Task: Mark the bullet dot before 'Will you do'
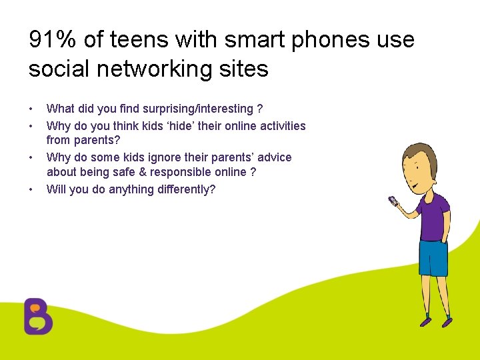click(31, 190)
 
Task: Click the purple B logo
click(38, 315)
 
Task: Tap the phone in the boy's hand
click(393, 200)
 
